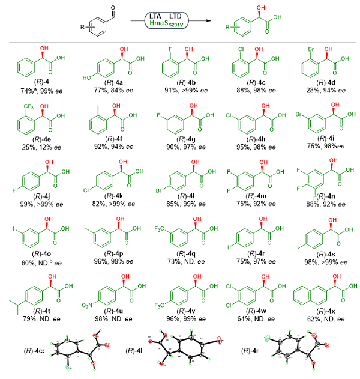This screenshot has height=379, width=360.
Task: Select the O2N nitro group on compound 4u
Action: click(88, 306)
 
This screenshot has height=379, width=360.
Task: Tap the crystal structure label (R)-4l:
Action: click(137, 351)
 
